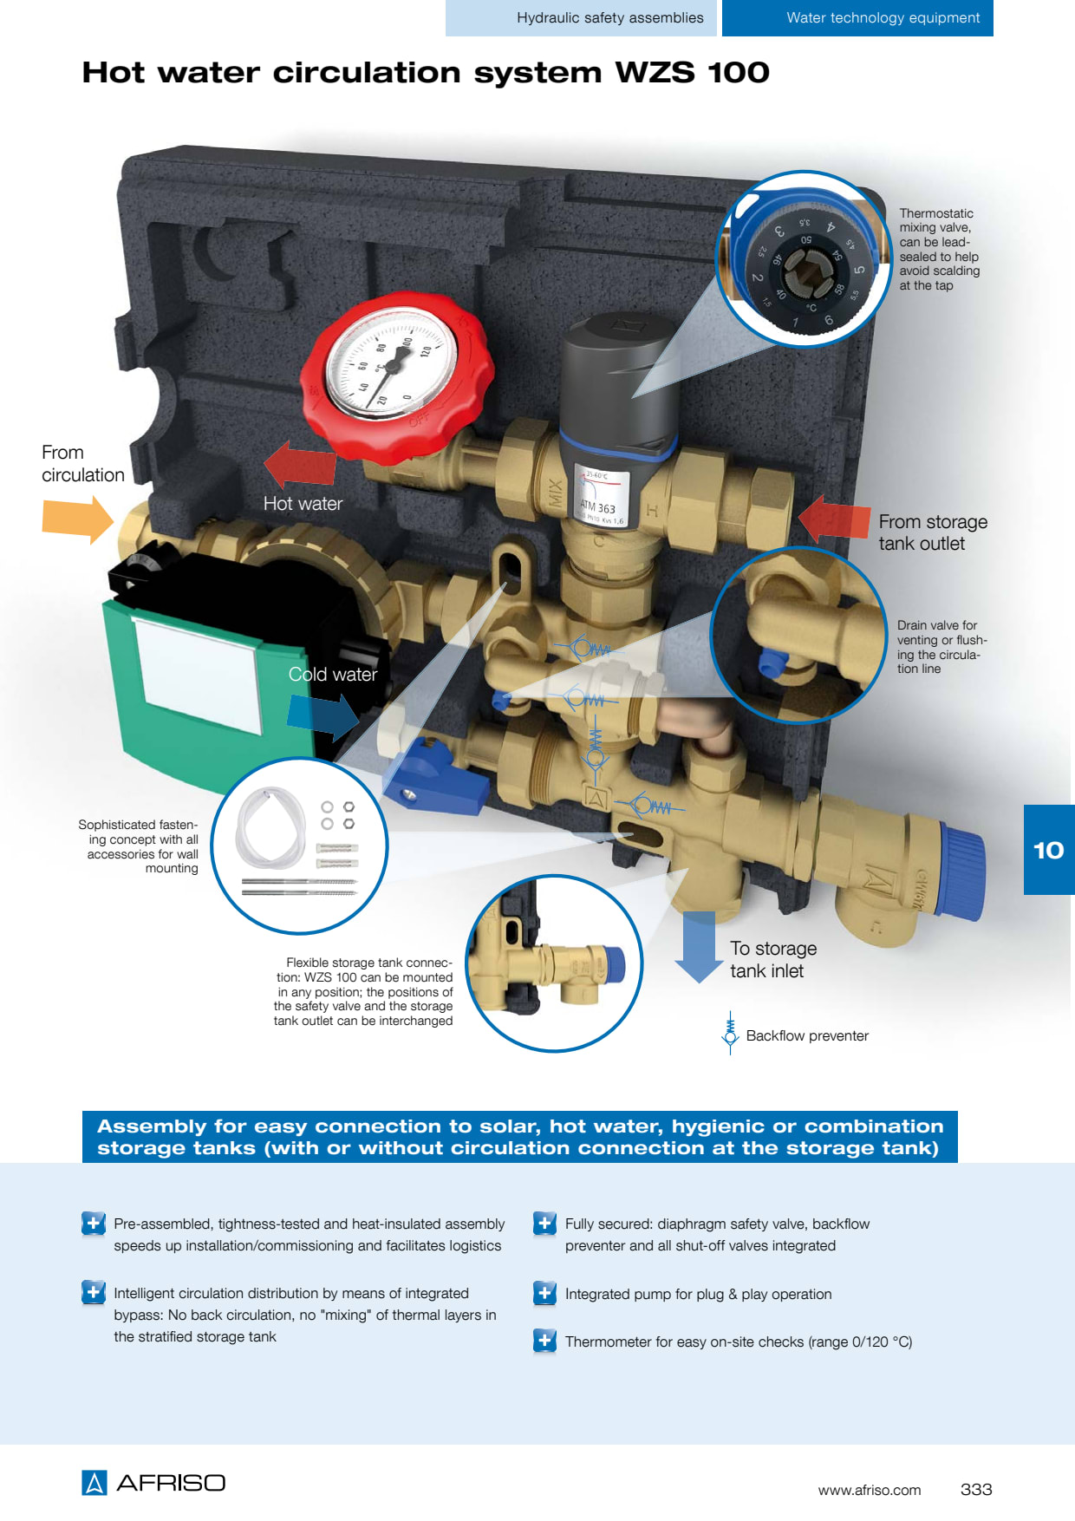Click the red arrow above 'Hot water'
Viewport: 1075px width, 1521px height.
tap(300, 465)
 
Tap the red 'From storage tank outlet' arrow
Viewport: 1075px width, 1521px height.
tap(833, 519)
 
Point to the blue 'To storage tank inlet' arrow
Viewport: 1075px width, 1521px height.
tap(699, 946)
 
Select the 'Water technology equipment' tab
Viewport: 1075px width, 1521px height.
tap(857, 18)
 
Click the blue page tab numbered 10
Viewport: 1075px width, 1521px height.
tap(1049, 850)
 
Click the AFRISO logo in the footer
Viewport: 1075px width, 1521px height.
tap(153, 1483)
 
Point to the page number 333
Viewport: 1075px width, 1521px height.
tap(976, 1490)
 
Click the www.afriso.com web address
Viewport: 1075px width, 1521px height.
tap(870, 1491)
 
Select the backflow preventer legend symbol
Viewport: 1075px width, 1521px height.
tap(730, 1033)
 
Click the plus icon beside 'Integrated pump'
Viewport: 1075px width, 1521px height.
tap(544, 1293)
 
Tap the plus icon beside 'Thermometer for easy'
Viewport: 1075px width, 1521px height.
tap(544, 1341)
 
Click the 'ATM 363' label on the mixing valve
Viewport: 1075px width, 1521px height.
tap(597, 506)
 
